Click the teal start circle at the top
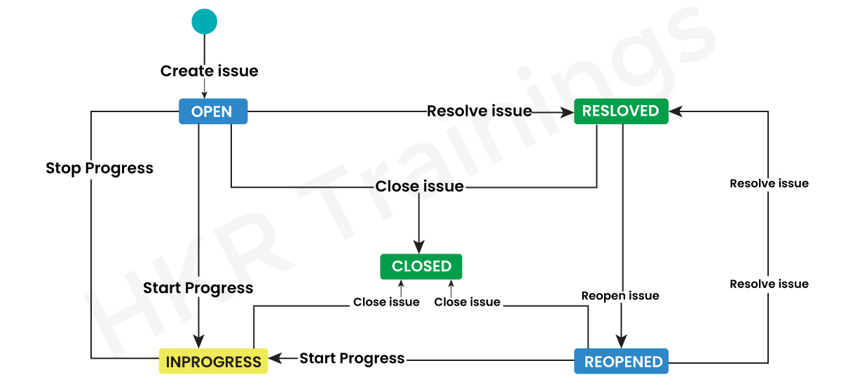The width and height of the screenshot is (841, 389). click(x=205, y=21)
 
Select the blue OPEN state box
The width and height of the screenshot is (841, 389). click(x=213, y=111)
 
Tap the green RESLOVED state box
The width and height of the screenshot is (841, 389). click(x=621, y=111)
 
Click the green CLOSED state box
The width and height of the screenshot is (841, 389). click(x=421, y=266)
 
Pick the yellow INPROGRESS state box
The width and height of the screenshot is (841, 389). click(x=213, y=362)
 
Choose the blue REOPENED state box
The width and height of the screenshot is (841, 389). click(x=621, y=362)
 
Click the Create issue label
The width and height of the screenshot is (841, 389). click(x=209, y=71)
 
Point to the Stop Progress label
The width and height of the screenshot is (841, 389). click(x=100, y=168)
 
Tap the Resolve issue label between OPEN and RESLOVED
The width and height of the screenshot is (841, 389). click(x=479, y=111)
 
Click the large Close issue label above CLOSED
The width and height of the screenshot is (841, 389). click(x=419, y=186)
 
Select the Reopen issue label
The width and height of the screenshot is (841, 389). click(x=620, y=296)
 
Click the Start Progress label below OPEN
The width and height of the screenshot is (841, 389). click(x=198, y=288)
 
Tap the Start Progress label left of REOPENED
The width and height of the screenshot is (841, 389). click(x=352, y=358)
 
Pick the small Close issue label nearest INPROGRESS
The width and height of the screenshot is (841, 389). click(x=386, y=302)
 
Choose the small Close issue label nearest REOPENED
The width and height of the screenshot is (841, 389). click(x=467, y=302)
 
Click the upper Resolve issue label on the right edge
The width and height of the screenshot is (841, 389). click(x=769, y=184)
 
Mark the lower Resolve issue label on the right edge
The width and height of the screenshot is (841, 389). click(x=769, y=284)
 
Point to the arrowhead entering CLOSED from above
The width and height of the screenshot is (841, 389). click(x=419, y=247)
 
